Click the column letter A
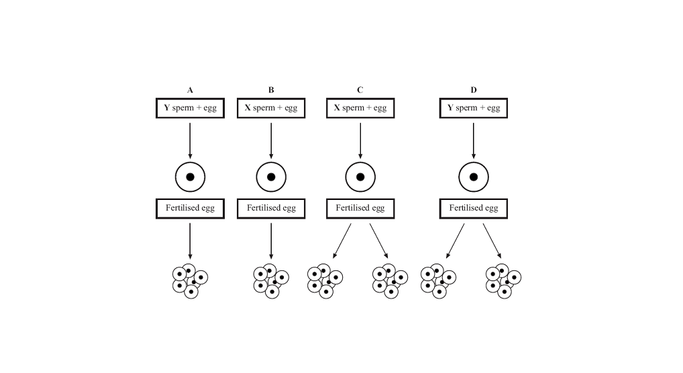click(190, 90)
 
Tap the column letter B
click(271, 90)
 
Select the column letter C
click(360, 90)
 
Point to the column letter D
click(474, 90)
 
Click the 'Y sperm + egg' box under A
click(190, 108)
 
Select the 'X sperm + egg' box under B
click(271, 108)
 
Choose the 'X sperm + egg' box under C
click(360, 108)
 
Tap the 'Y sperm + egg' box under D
click(474, 108)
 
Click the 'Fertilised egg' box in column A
click(190, 208)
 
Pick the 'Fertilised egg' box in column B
click(271, 208)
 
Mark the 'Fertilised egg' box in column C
click(360, 208)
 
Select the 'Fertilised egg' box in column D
click(474, 208)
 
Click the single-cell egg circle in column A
click(190, 177)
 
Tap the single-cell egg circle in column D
click(474, 177)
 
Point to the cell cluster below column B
click(271, 281)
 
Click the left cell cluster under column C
click(325, 281)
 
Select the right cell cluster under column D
click(503, 281)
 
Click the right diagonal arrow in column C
click(378, 240)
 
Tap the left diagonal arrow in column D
click(456, 240)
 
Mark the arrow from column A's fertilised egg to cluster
click(190, 239)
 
